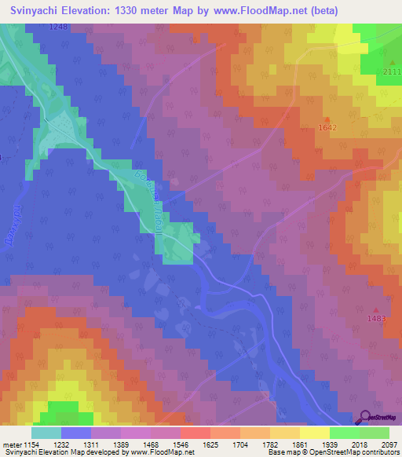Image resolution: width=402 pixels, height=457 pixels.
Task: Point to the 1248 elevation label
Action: click(58, 27)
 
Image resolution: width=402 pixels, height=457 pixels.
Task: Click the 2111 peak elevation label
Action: click(392, 72)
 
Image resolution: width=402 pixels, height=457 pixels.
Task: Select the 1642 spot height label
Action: click(327, 127)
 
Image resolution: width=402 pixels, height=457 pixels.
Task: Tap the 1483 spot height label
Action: click(377, 318)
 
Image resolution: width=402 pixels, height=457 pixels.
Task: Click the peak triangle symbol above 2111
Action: click(392, 62)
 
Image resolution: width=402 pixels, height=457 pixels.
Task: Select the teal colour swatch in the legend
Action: click(46, 433)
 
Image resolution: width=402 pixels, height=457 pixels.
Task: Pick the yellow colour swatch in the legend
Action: click(314, 433)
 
